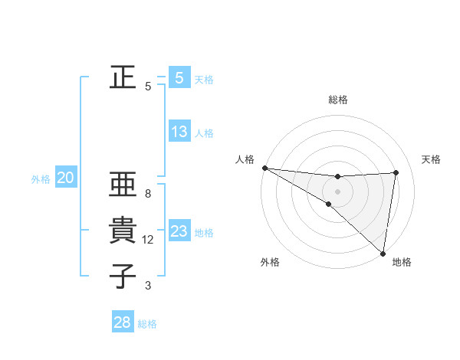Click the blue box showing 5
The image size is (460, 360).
click(x=179, y=77)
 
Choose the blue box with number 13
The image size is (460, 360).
click(x=179, y=132)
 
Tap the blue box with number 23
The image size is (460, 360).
click(x=179, y=231)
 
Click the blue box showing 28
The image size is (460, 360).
click(x=123, y=322)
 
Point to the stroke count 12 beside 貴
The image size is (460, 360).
click(x=148, y=240)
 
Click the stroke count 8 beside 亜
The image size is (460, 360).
click(x=148, y=194)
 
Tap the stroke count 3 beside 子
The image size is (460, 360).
click(x=148, y=286)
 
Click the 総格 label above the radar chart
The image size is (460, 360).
click(x=338, y=100)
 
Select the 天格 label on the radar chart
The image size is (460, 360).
click(x=432, y=159)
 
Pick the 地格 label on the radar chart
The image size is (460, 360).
click(x=402, y=263)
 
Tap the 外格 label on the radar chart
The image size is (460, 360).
click(x=271, y=263)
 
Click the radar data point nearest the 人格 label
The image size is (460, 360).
click(x=264, y=168)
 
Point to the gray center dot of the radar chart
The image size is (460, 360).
click(x=338, y=191)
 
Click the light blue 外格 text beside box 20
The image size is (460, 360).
click(x=41, y=179)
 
